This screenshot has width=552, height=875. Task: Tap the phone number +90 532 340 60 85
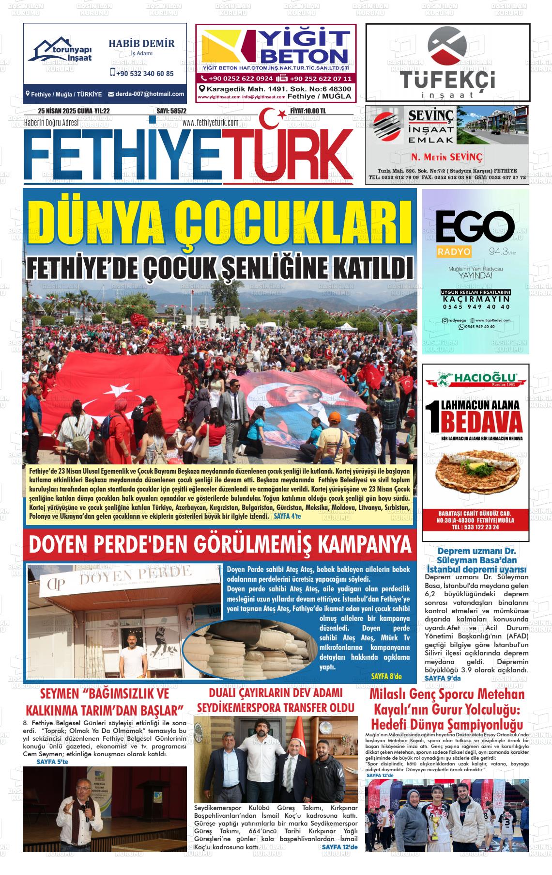[x=141, y=74]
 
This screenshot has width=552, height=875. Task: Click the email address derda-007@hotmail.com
[x=146, y=94]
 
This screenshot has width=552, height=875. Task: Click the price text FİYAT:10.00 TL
[x=308, y=111]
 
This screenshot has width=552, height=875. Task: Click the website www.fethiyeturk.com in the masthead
[x=211, y=123]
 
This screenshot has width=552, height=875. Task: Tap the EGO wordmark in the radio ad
[x=475, y=228]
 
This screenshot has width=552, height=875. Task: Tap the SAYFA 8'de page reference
[x=386, y=676]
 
